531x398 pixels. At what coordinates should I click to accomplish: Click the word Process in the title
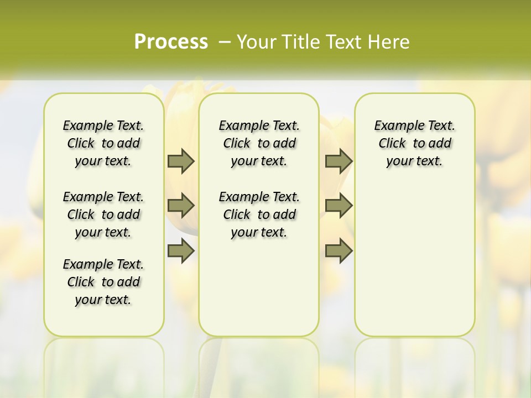[171, 42]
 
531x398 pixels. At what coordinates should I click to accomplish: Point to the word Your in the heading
[257, 42]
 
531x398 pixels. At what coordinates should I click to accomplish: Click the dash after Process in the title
[225, 43]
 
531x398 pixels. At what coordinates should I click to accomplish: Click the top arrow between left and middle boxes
[181, 161]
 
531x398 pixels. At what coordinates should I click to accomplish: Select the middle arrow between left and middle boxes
[181, 206]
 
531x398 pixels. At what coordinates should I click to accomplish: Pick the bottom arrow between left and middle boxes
[181, 250]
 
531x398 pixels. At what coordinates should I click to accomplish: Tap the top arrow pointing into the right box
[339, 161]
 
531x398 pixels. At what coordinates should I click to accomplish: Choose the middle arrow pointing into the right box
[339, 206]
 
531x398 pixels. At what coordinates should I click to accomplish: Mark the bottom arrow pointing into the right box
[339, 250]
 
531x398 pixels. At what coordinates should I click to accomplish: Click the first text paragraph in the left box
[103, 143]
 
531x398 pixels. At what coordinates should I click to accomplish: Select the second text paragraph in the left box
[103, 214]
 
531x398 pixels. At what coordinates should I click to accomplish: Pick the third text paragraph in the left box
[103, 282]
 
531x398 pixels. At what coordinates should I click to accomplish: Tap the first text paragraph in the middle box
[259, 143]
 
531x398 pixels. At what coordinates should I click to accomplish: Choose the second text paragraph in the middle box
[259, 214]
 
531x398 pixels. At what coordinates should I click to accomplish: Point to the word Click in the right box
[392, 144]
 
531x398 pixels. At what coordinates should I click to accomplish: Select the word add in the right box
[440, 144]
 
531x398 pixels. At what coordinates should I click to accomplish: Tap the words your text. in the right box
[414, 161]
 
